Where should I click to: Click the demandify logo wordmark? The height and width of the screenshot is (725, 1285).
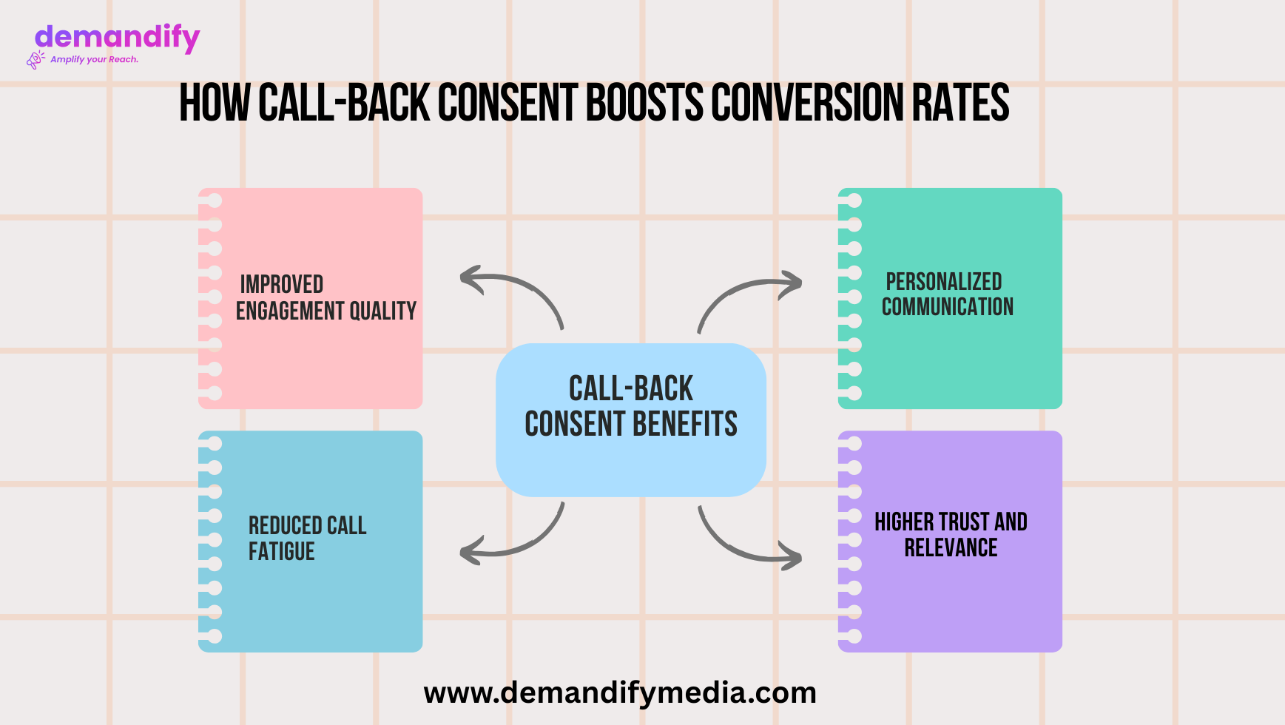point(117,38)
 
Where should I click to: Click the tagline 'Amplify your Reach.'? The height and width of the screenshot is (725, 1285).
point(94,59)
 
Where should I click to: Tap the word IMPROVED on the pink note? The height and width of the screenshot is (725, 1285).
point(282,284)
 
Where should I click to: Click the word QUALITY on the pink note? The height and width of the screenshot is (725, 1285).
point(382,311)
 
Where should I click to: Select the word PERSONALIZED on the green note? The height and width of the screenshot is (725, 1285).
point(944,282)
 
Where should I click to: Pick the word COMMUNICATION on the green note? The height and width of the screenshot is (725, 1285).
point(948,307)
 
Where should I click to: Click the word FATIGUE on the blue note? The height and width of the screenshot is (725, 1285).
point(282,552)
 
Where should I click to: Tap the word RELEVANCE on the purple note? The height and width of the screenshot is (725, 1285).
point(951,548)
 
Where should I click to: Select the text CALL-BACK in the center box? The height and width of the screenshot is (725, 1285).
point(631,388)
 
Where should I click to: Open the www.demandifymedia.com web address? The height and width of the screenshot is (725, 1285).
point(620,693)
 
